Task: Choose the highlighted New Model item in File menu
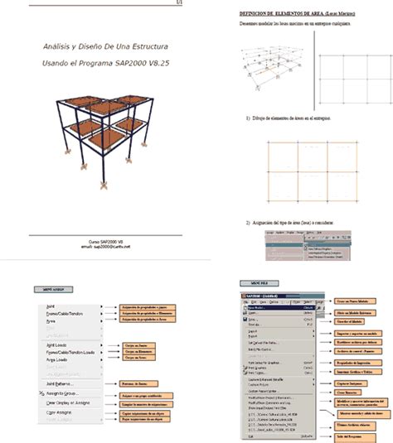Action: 253,302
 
